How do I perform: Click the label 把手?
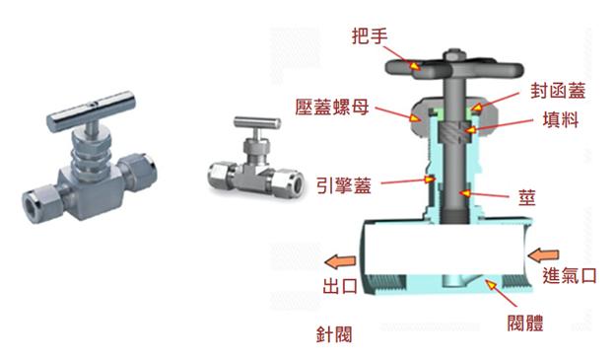[x=370, y=36]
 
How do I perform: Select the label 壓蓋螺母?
[x=332, y=107]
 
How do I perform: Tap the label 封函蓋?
[x=558, y=91]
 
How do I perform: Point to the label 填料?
[x=561, y=119]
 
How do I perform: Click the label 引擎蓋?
[x=344, y=185]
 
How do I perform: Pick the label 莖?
[x=527, y=196]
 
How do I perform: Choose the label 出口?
[x=340, y=286]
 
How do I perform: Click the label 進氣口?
[x=570, y=275]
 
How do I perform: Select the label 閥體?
[x=525, y=324]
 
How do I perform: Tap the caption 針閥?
[x=334, y=334]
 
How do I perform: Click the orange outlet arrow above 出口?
[x=340, y=261]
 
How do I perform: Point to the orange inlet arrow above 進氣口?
[x=543, y=254]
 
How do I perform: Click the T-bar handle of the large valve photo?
[x=91, y=112]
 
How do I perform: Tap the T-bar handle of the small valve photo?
[x=257, y=122]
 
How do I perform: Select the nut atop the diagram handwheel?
[x=454, y=54]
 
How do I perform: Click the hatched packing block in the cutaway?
[x=452, y=132]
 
